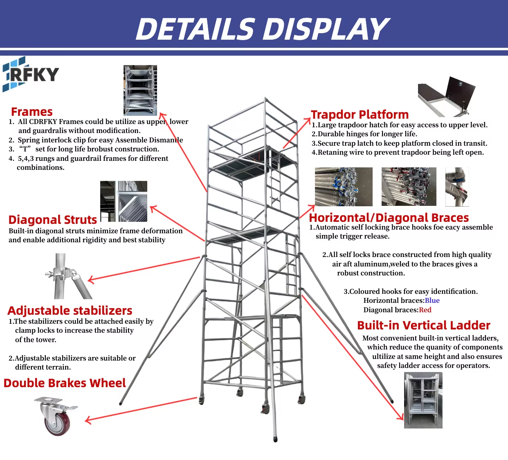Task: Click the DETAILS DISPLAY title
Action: point(262,29)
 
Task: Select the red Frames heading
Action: point(32,112)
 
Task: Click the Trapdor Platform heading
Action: point(360,115)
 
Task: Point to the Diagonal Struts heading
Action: point(53,220)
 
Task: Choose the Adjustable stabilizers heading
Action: point(70,311)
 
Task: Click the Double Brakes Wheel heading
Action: point(65,383)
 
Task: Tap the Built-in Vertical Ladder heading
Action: point(423,325)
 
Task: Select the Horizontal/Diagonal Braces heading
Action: point(389,218)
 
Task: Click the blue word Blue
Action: point(432,300)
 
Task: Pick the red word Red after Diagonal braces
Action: point(425,310)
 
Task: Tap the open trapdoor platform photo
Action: point(446,97)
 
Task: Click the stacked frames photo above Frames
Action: point(140,90)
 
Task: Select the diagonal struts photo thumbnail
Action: point(124,201)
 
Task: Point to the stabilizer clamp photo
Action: point(69,276)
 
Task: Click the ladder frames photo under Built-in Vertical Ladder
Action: point(423,400)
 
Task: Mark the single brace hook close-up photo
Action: point(457,187)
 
